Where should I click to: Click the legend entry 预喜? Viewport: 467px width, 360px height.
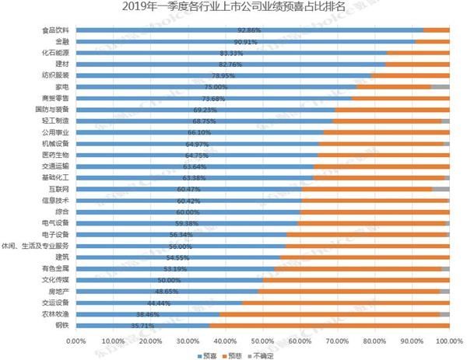coord(206,354)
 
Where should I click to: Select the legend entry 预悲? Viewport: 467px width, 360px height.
coord(237,354)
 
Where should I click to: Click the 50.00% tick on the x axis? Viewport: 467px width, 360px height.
coord(262,340)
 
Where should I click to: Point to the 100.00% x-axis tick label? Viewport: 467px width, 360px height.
coord(449,340)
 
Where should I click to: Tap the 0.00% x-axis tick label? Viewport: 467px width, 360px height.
coord(75,340)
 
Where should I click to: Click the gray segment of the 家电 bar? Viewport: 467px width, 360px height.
coord(441,87)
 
